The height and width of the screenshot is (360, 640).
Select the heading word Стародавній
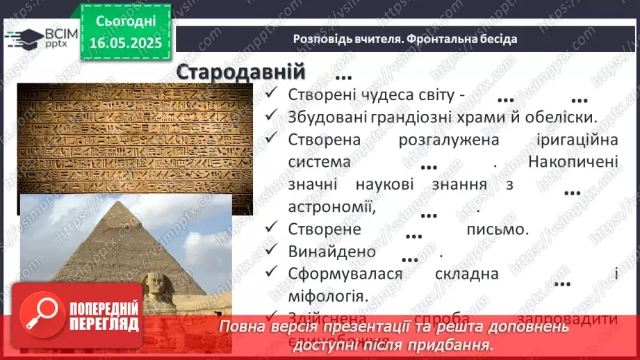(240, 72)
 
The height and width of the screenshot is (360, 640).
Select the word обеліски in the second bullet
(564, 117)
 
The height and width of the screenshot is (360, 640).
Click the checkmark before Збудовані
(272, 116)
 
